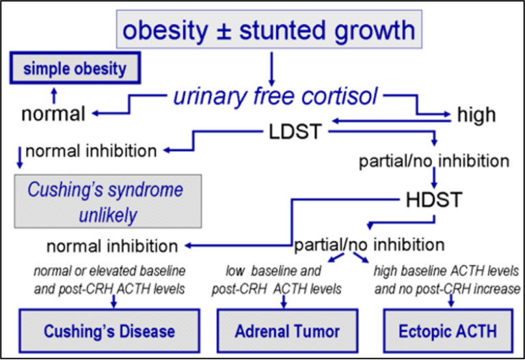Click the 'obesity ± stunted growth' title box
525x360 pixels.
(x=269, y=29)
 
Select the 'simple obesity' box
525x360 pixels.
(x=75, y=68)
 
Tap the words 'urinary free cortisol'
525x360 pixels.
(x=275, y=96)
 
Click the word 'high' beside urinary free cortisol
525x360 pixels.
(x=476, y=115)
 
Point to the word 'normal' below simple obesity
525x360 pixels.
(x=53, y=114)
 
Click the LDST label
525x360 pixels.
(x=295, y=131)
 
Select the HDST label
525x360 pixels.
(x=434, y=199)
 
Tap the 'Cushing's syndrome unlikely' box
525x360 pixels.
(x=108, y=201)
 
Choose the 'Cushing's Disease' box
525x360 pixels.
(x=109, y=331)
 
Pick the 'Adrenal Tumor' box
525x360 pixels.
(x=287, y=331)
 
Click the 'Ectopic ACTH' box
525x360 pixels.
(x=448, y=331)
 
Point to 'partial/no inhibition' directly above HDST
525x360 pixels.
(x=434, y=161)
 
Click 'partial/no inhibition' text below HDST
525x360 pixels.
(x=369, y=245)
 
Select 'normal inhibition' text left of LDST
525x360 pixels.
(x=91, y=151)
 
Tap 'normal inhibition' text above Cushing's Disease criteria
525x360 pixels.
(x=112, y=247)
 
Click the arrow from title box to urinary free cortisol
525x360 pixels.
(x=271, y=69)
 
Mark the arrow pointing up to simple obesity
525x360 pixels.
(x=54, y=96)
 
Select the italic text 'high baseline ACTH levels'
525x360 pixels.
(x=446, y=271)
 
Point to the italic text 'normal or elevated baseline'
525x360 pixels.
(x=109, y=271)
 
